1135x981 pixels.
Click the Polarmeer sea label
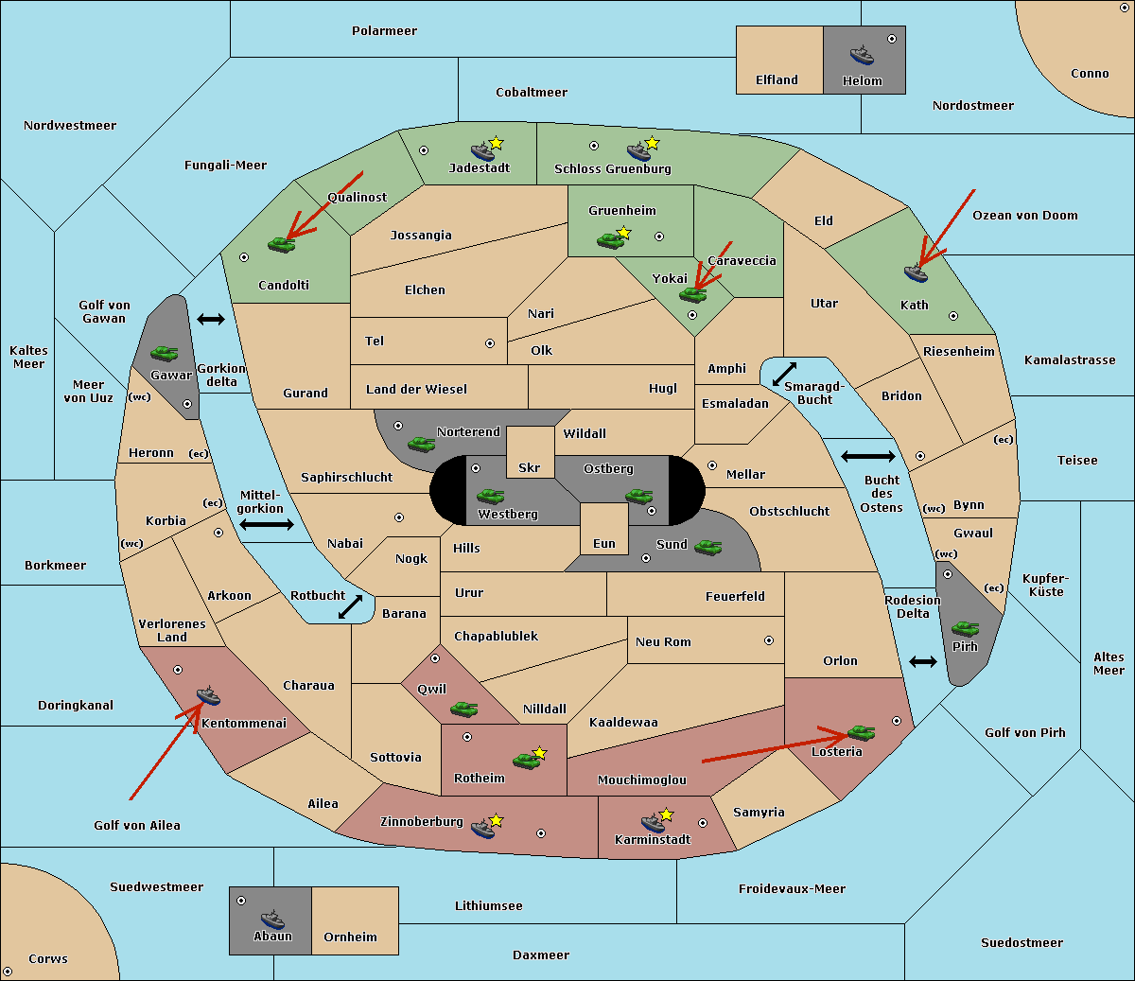(384, 31)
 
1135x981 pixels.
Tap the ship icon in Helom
(862, 55)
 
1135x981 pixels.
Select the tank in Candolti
(281, 244)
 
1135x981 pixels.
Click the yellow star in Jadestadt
(496, 144)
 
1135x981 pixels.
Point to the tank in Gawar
(165, 353)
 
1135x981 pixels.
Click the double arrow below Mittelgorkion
(267, 524)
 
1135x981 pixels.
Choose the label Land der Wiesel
(416, 390)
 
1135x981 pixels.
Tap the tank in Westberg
(490, 496)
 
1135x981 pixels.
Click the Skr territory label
(530, 467)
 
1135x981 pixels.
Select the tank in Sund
(707, 547)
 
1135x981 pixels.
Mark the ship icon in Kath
(916, 272)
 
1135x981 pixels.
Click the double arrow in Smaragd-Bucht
(784, 374)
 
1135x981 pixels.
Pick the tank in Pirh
(965, 628)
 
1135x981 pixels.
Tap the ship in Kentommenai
(208, 695)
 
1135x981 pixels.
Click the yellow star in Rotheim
(539, 752)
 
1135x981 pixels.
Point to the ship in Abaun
(272, 919)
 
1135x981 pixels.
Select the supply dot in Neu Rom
(769, 640)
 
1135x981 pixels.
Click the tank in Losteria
(861, 732)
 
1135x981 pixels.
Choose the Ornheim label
(350, 937)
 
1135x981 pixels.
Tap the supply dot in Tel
(490, 343)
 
